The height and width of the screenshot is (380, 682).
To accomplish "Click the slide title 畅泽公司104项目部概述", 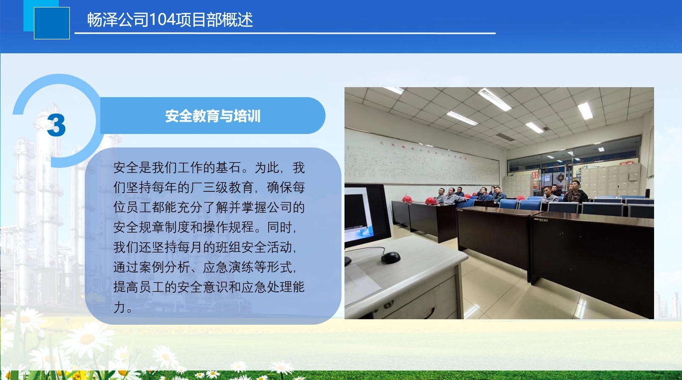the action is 170,20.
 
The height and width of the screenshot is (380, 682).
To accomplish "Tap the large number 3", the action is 56,125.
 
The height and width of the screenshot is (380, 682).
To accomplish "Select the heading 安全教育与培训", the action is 213,116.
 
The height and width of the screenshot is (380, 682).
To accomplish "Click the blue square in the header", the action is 52,23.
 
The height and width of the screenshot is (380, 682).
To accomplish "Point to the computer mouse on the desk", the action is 391,257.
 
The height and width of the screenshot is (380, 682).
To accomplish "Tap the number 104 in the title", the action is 163,20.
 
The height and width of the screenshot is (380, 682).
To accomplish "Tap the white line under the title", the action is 285,33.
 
